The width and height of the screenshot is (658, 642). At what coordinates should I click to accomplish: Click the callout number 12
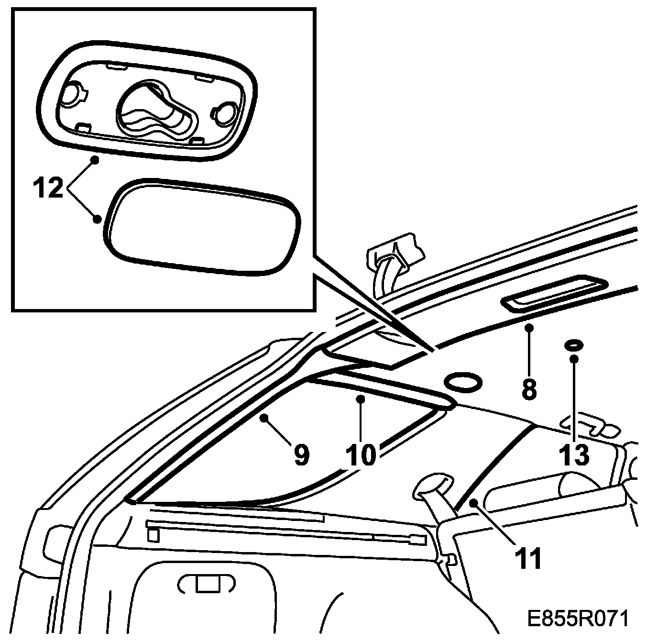[48, 188]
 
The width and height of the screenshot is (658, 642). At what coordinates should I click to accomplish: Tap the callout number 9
[300, 455]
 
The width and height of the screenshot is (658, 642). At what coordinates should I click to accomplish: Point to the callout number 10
[362, 454]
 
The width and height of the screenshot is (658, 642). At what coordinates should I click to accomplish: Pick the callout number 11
[528, 558]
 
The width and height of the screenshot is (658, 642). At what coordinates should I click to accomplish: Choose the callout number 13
[574, 454]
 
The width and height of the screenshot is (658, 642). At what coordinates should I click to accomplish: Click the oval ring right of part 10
[462, 382]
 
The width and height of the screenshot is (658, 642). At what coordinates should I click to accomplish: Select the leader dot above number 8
[529, 328]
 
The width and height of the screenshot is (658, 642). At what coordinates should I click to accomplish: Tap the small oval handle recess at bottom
[206, 583]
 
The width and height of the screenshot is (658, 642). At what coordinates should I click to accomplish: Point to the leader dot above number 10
[362, 398]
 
